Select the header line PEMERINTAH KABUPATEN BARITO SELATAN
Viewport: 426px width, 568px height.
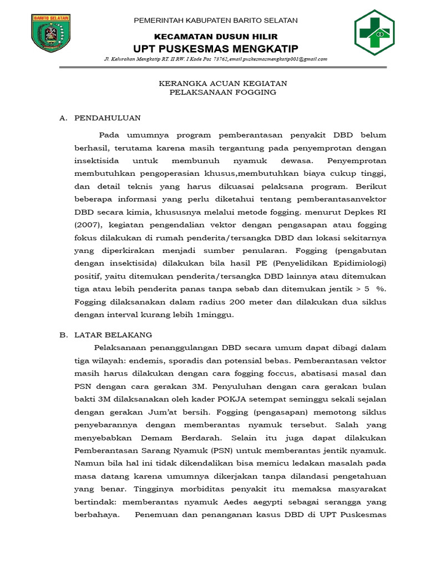(217, 21)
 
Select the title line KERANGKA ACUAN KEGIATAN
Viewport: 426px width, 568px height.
(215, 83)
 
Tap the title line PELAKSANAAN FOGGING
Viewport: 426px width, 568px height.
(215, 93)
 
